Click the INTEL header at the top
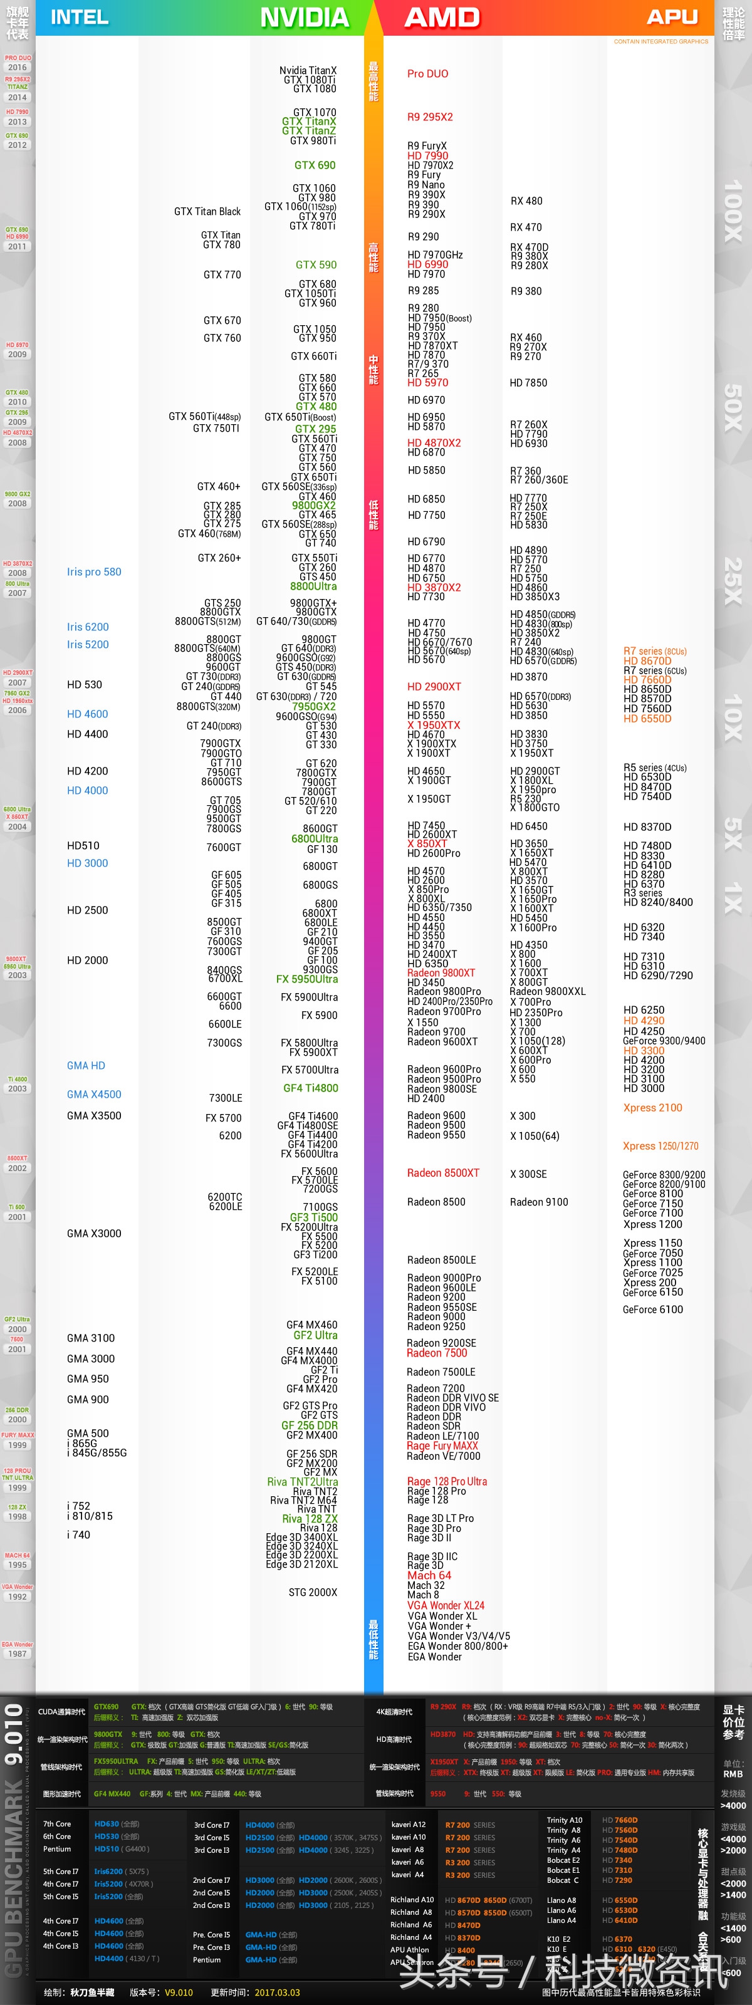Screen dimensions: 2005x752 [x=80, y=17]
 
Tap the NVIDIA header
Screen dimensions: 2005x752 [x=305, y=17]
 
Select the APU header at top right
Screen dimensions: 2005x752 [x=672, y=17]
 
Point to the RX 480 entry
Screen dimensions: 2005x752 [x=526, y=200]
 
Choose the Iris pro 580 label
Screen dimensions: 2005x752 [x=94, y=571]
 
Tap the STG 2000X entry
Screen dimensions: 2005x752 [x=313, y=1591]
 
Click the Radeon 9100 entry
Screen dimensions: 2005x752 [x=539, y=1201]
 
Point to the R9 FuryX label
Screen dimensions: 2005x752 [x=427, y=145]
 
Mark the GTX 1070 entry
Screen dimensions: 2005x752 [x=315, y=112]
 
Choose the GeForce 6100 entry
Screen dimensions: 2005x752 [x=652, y=1309]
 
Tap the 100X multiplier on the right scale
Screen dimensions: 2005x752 [x=733, y=211]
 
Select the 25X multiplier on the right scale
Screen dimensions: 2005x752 [x=733, y=581]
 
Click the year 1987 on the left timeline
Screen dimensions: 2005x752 [x=17, y=1653]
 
